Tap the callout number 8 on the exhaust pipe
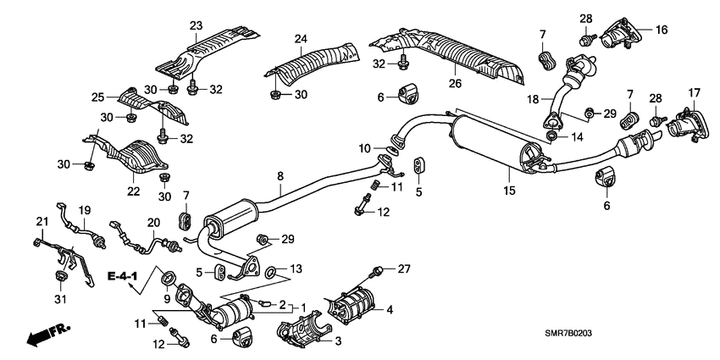point(280,177)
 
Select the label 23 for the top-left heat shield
point(196,26)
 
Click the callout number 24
point(301,38)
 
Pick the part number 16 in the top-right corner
point(661,29)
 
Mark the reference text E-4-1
point(121,277)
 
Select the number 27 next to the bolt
point(403,269)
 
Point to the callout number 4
point(390,309)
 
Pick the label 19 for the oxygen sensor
point(85,209)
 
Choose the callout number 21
point(39,221)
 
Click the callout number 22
point(133,191)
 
